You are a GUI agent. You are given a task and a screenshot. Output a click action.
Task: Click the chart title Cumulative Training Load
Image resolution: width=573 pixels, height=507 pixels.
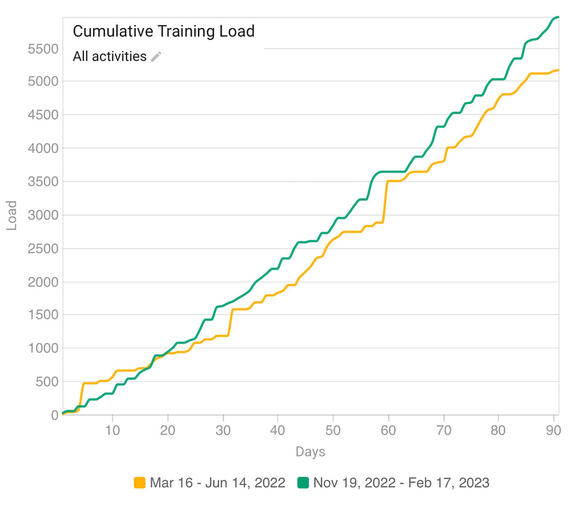coord(163,31)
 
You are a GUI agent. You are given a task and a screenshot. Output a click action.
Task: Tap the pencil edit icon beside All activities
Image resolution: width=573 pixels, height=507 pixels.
coord(156,57)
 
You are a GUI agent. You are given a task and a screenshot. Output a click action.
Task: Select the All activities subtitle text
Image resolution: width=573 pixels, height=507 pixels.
coord(110,57)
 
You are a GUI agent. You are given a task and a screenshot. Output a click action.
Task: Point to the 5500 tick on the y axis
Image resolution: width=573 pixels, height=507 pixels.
coord(43,49)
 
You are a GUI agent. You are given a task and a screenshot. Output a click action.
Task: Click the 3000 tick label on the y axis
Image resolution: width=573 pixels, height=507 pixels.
coord(43,215)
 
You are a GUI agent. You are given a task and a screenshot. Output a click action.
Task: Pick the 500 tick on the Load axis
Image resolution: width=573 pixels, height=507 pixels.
coord(47,382)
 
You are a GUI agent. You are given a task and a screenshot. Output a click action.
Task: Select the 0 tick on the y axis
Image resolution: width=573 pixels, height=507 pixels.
coord(54,415)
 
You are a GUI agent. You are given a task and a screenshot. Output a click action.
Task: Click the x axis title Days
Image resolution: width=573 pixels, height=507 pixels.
coord(310,452)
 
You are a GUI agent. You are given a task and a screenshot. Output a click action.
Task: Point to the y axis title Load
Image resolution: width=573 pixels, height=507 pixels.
coord(12,215)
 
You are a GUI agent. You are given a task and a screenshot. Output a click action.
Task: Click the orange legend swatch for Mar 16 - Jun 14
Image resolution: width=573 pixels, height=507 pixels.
coord(140,482)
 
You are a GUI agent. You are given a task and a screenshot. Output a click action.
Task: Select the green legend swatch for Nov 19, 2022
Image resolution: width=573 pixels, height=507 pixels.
coord(303,482)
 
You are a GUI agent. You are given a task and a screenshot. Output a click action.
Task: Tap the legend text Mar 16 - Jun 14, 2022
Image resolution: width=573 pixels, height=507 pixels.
coord(217,482)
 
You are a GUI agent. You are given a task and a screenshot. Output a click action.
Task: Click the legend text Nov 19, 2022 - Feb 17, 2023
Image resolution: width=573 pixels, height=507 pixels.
coord(401,482)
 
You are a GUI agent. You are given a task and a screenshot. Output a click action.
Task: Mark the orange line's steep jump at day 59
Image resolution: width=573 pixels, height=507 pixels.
coord(385,201)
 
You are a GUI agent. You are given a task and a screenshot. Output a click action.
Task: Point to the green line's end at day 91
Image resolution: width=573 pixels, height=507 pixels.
coord(558,17)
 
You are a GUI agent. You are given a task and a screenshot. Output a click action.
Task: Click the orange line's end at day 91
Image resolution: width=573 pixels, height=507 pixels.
coord(558,70)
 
